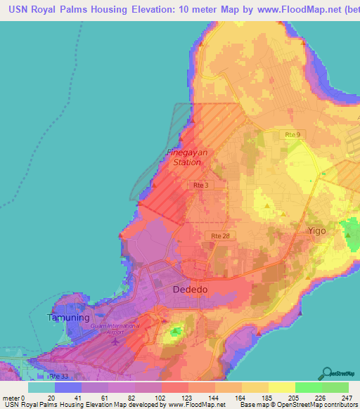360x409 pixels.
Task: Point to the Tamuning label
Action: (69, 318)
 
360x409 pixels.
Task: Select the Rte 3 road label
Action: (200, 185)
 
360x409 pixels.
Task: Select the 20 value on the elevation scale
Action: (51, 397)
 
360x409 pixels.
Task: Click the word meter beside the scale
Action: (11, 397)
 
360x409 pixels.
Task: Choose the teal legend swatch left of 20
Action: (41, 387)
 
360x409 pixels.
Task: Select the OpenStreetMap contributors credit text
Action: (319, 405)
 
